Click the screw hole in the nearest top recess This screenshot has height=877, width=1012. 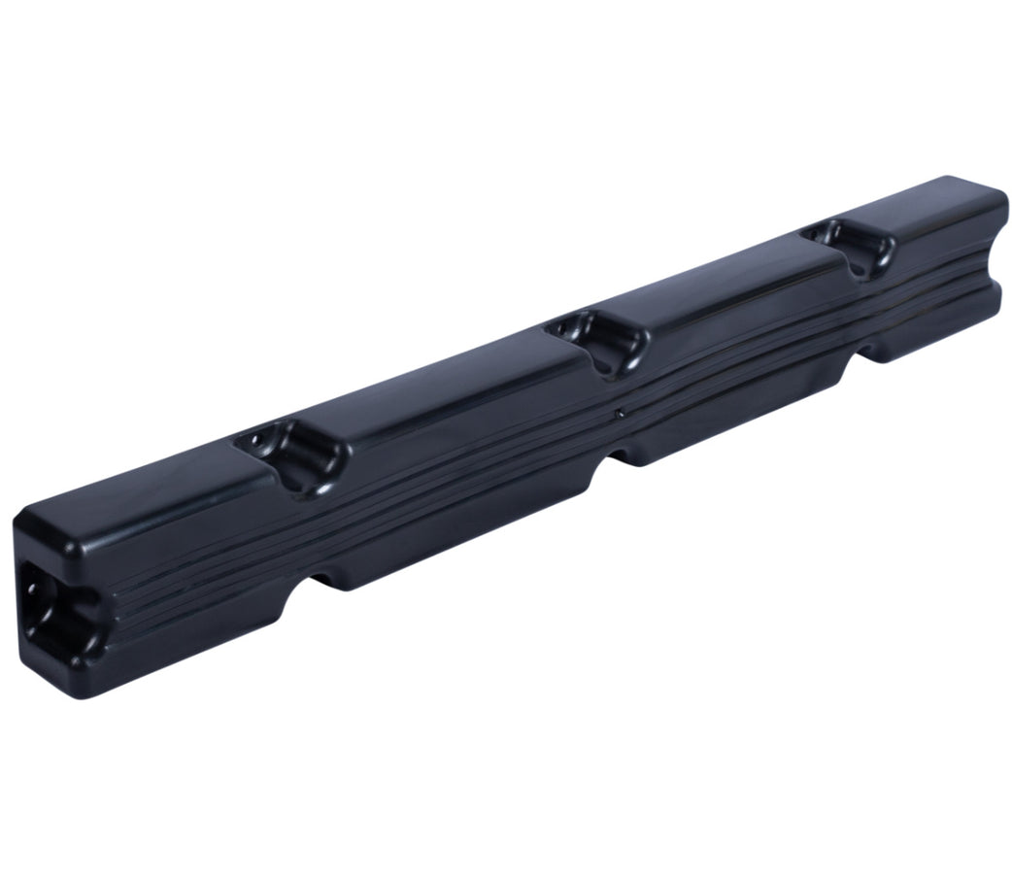pyautogui.click(x=259, y=439)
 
